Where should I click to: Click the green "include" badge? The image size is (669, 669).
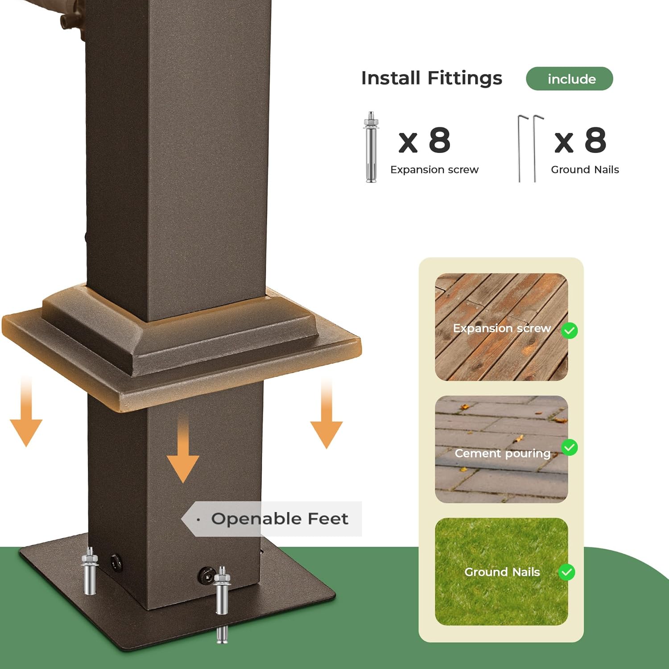pyautogui.click(x=570, y=79)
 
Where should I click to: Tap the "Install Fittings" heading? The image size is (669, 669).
pyautogui.click(x=432, y=78)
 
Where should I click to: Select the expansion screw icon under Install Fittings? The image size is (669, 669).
pyautogui.click(x=371, y=147)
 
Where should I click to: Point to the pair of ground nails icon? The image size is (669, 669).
pyautogui.click(x=531, y=149)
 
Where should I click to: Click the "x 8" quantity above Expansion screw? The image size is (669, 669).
pyautogui.click(x=425, y=140)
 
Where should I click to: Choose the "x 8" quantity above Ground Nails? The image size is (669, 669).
pyautogui.click(x=580, y=140)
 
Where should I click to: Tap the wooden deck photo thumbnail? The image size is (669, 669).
pyautogui.click(x=501, y=327)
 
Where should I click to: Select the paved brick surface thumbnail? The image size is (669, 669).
pyautogui.click(x=501, y=449)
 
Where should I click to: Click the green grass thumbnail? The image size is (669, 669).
pyautogui.click(x=501, y=571)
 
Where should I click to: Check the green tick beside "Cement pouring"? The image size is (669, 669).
pyautogui.click(x=570, y=447)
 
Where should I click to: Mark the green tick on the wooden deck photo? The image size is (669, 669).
pyautogui.click(x=570, y=330)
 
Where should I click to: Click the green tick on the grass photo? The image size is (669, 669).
pyautogui.click(x=567, y=572)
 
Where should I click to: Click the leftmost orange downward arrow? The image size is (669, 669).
pyautogui.click(x=26, y=410)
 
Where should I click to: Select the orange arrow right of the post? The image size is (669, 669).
pyautogui.click(x=326, y=413)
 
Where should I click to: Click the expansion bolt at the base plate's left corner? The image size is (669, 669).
pyautogui.click(x=89, y=571)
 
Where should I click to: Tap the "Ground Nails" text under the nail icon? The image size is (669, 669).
pyautogui.click(x=585, y=169)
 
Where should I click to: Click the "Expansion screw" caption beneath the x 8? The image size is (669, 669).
pyautogui.click(x=434, y=169)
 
